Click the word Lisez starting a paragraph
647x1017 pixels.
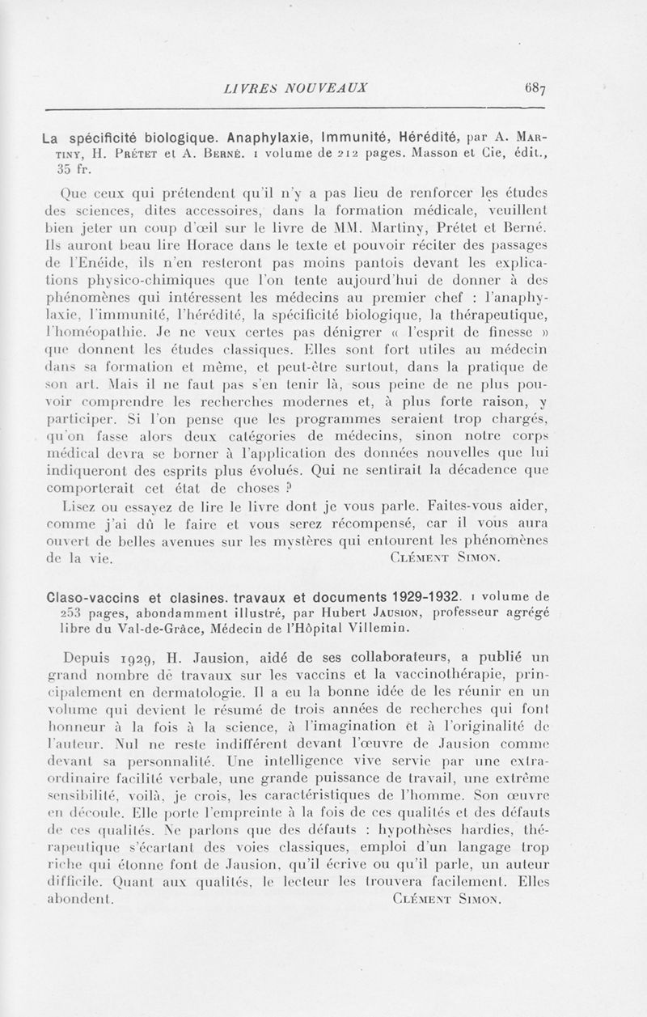[79, 508]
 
